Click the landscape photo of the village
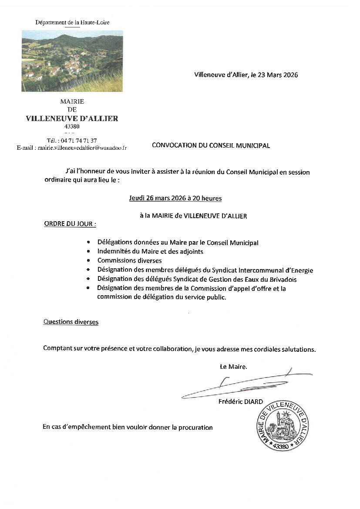coord(72,61)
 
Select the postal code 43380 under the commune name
coord(72,126)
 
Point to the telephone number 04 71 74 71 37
coord(78,140)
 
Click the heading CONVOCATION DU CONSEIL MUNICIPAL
coord(211,145)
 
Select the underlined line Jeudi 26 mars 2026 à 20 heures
coord(175,198)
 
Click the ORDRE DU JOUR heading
coord(70,224)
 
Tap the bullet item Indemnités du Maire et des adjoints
coord(150,251)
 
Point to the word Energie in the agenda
coord(301,270)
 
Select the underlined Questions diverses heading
coord(71,322)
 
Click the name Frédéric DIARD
coord(241,401)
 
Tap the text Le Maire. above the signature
coord(233,367)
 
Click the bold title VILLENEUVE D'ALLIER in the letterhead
coord(72,118)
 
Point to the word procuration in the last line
coord(195,427)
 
